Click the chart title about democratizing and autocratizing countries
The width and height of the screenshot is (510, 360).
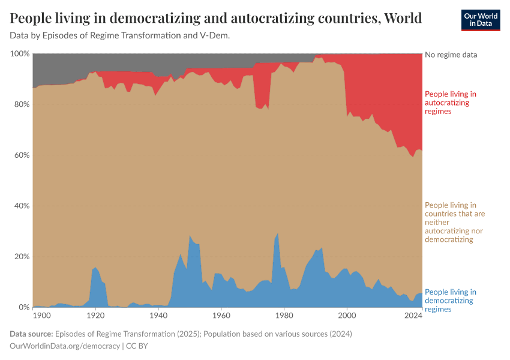(216, 18)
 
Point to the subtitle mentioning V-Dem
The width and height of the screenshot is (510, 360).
(120, 35)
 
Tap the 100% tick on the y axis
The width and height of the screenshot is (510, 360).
(20, 54)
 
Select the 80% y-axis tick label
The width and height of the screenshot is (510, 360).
(21, 104)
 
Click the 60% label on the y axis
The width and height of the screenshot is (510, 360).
(21, 155)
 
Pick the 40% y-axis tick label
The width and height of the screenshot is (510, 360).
(21, 206)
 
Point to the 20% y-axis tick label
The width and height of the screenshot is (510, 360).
(21, 257)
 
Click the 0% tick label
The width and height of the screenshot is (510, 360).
(23, 307)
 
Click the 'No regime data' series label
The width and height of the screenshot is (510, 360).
(451, 55)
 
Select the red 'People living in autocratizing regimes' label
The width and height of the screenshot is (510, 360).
(450, 103)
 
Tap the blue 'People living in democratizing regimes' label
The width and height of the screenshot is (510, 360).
(450, 301)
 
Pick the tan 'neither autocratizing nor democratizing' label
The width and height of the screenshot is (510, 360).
(455, 223)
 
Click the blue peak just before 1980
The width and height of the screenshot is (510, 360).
(277, 235)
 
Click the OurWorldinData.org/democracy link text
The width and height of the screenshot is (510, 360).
(65, 346)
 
